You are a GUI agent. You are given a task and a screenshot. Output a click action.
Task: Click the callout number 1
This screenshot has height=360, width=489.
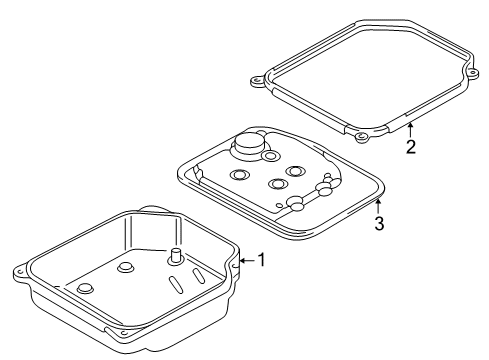pos(262,260)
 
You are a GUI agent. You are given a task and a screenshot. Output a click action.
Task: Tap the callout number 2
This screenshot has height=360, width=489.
pos(411,147)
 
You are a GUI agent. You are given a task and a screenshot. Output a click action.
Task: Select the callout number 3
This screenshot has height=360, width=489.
pos(379,223)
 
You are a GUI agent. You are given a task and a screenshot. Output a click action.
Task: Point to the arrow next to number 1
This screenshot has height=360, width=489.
pos(248,260)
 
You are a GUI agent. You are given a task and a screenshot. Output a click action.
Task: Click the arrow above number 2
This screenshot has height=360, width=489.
pos(411,130)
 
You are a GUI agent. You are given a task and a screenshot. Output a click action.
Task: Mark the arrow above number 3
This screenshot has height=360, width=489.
pos(378,206)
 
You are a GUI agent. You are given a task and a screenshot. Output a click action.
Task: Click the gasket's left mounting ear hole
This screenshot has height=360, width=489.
pos(256,81)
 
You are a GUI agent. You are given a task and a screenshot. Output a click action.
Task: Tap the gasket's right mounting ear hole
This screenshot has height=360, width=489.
pos(473,73)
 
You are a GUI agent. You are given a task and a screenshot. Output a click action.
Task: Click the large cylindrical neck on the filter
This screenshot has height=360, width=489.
pos(250,145)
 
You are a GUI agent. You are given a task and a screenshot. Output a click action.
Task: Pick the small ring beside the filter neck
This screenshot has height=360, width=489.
pos(269,155)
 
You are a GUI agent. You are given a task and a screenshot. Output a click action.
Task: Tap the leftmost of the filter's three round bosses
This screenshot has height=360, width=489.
pos(240,174)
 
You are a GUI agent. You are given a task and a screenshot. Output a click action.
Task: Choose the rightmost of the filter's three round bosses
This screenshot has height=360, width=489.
pos(295,171)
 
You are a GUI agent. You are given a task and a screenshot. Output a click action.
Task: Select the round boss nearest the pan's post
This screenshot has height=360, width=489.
pos(125,267)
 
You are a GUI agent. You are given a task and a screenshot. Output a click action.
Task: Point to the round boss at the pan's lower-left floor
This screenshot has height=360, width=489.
pos(85,288)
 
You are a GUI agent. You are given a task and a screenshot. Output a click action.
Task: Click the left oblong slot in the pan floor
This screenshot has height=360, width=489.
pos(176,285)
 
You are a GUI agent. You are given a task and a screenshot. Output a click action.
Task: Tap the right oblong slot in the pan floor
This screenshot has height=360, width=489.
pos(198,275)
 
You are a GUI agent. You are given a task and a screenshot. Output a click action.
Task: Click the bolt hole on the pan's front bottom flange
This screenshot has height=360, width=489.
pos(124,333)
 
